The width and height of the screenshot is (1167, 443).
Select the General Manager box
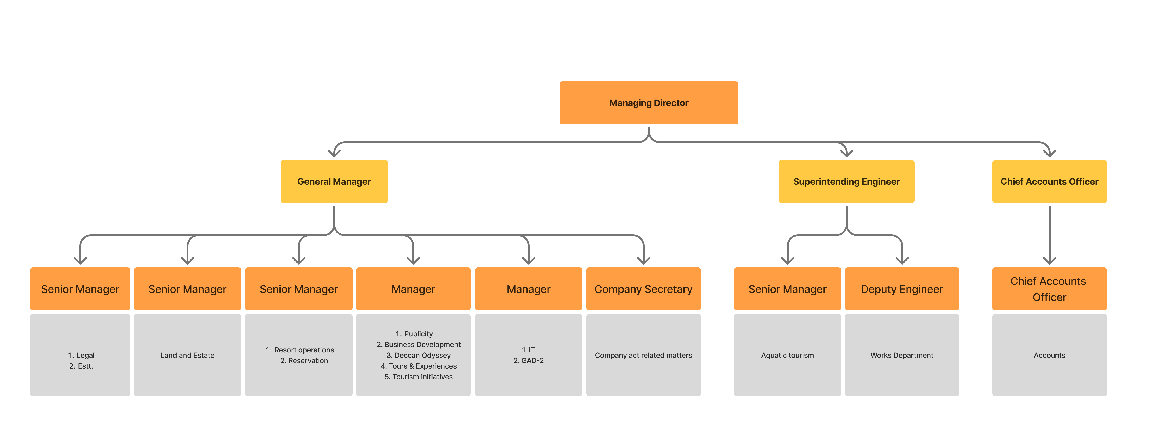coord(334,181)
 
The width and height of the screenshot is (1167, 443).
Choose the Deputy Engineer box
coord(902,289)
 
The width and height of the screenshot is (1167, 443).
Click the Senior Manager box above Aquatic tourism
coord(787,289)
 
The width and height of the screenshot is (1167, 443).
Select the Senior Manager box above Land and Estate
coord(187,289)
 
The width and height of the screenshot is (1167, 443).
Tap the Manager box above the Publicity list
coord(413,289)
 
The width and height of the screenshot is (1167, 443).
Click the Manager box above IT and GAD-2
coord(528,289)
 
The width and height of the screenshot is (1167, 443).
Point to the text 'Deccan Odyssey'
coord(422,355)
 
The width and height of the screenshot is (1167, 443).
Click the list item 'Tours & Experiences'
coord(422,366)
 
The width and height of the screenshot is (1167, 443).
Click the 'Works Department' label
coord(902,355)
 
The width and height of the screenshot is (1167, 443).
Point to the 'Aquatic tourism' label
coord(787,355)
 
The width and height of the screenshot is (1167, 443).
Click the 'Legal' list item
coord(85,355)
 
